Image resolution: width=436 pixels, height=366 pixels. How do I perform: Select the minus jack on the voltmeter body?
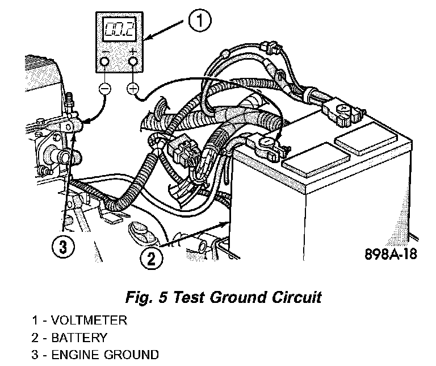(x=106, y=61)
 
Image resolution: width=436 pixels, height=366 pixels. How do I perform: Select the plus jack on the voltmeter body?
(x=133, y=61)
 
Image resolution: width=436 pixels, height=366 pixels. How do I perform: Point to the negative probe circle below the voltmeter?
(x=105, y=88)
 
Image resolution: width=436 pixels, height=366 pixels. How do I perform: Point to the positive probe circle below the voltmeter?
(x=133, y=88)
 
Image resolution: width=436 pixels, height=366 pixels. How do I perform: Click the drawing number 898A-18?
(x=391, y=253)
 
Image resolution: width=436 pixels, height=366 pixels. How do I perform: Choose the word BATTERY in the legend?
(x=79, y=338)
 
